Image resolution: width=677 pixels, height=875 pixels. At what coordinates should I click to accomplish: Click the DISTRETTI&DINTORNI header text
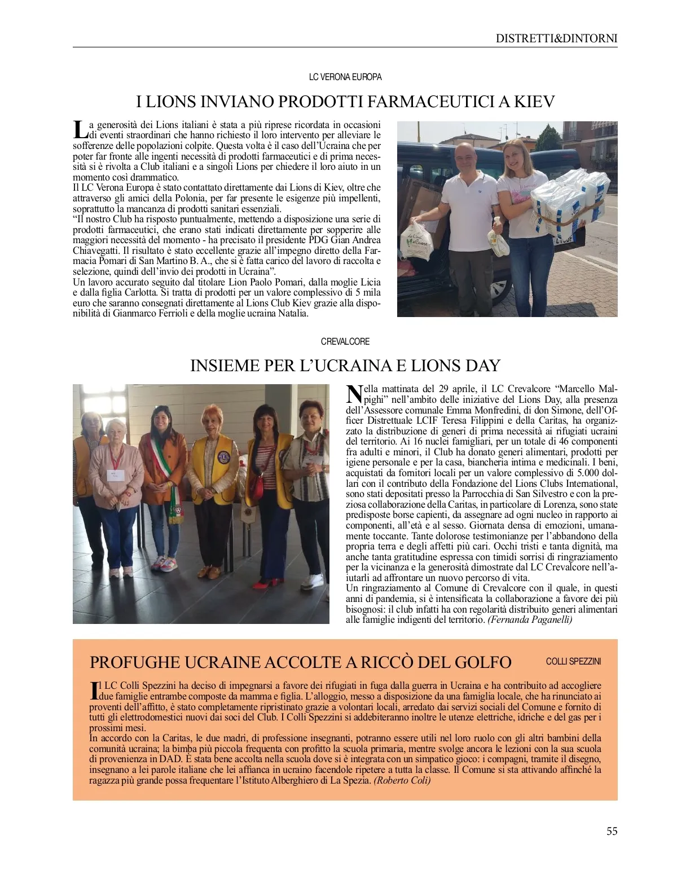(556, 38)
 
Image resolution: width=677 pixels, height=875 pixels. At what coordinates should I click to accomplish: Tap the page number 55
(612, 831)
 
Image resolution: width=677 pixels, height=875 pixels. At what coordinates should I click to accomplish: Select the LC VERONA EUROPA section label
(345, 77)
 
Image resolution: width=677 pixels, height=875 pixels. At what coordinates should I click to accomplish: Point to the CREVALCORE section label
(345, 341)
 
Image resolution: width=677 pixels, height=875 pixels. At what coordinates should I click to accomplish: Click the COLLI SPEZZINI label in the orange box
(573, 661)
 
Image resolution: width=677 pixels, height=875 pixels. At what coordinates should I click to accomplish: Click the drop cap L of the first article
(80, 130)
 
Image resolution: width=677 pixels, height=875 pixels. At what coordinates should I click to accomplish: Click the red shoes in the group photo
(264, 583)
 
